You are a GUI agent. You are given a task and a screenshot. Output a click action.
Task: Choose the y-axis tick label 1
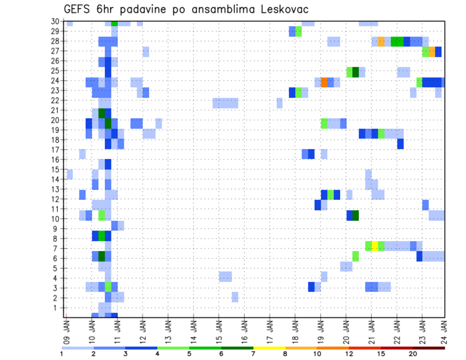57,308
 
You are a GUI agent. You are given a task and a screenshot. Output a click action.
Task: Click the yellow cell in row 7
375,246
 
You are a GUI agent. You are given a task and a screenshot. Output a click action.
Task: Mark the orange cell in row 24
324,82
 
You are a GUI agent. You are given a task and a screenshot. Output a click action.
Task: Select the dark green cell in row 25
355,72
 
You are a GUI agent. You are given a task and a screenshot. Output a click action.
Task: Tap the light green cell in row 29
299,32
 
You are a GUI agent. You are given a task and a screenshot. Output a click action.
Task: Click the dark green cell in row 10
355,215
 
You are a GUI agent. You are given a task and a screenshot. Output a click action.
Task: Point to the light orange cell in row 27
432,51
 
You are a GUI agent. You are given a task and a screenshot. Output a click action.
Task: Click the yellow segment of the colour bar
269,348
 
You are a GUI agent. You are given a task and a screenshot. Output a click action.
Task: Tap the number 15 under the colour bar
381,354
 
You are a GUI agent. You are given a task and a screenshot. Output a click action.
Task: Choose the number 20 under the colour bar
413,354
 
